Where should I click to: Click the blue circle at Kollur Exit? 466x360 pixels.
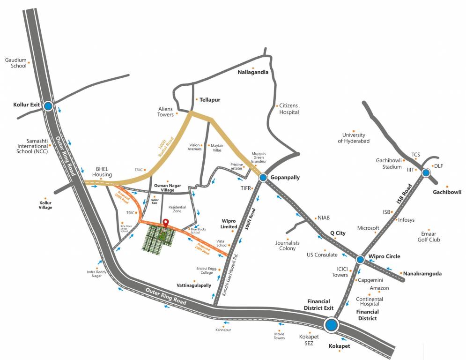[48, 106]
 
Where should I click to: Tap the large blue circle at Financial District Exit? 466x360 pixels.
[332, 324]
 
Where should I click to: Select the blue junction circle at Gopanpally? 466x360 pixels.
[263, 177]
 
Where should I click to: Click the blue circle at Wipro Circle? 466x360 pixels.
[360, 259]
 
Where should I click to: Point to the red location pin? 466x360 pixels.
[165, 223]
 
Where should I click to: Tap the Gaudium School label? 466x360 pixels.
[15, 63]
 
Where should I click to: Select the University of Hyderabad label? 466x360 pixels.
[354, 138]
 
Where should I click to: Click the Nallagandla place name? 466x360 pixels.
[253, 72]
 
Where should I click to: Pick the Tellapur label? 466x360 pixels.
[210, 100]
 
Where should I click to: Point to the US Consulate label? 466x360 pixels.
[322, 255]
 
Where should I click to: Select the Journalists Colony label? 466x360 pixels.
[288, 245]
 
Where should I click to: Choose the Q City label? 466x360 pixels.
[338, 233]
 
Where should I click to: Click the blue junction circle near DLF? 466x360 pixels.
[426, 172]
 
